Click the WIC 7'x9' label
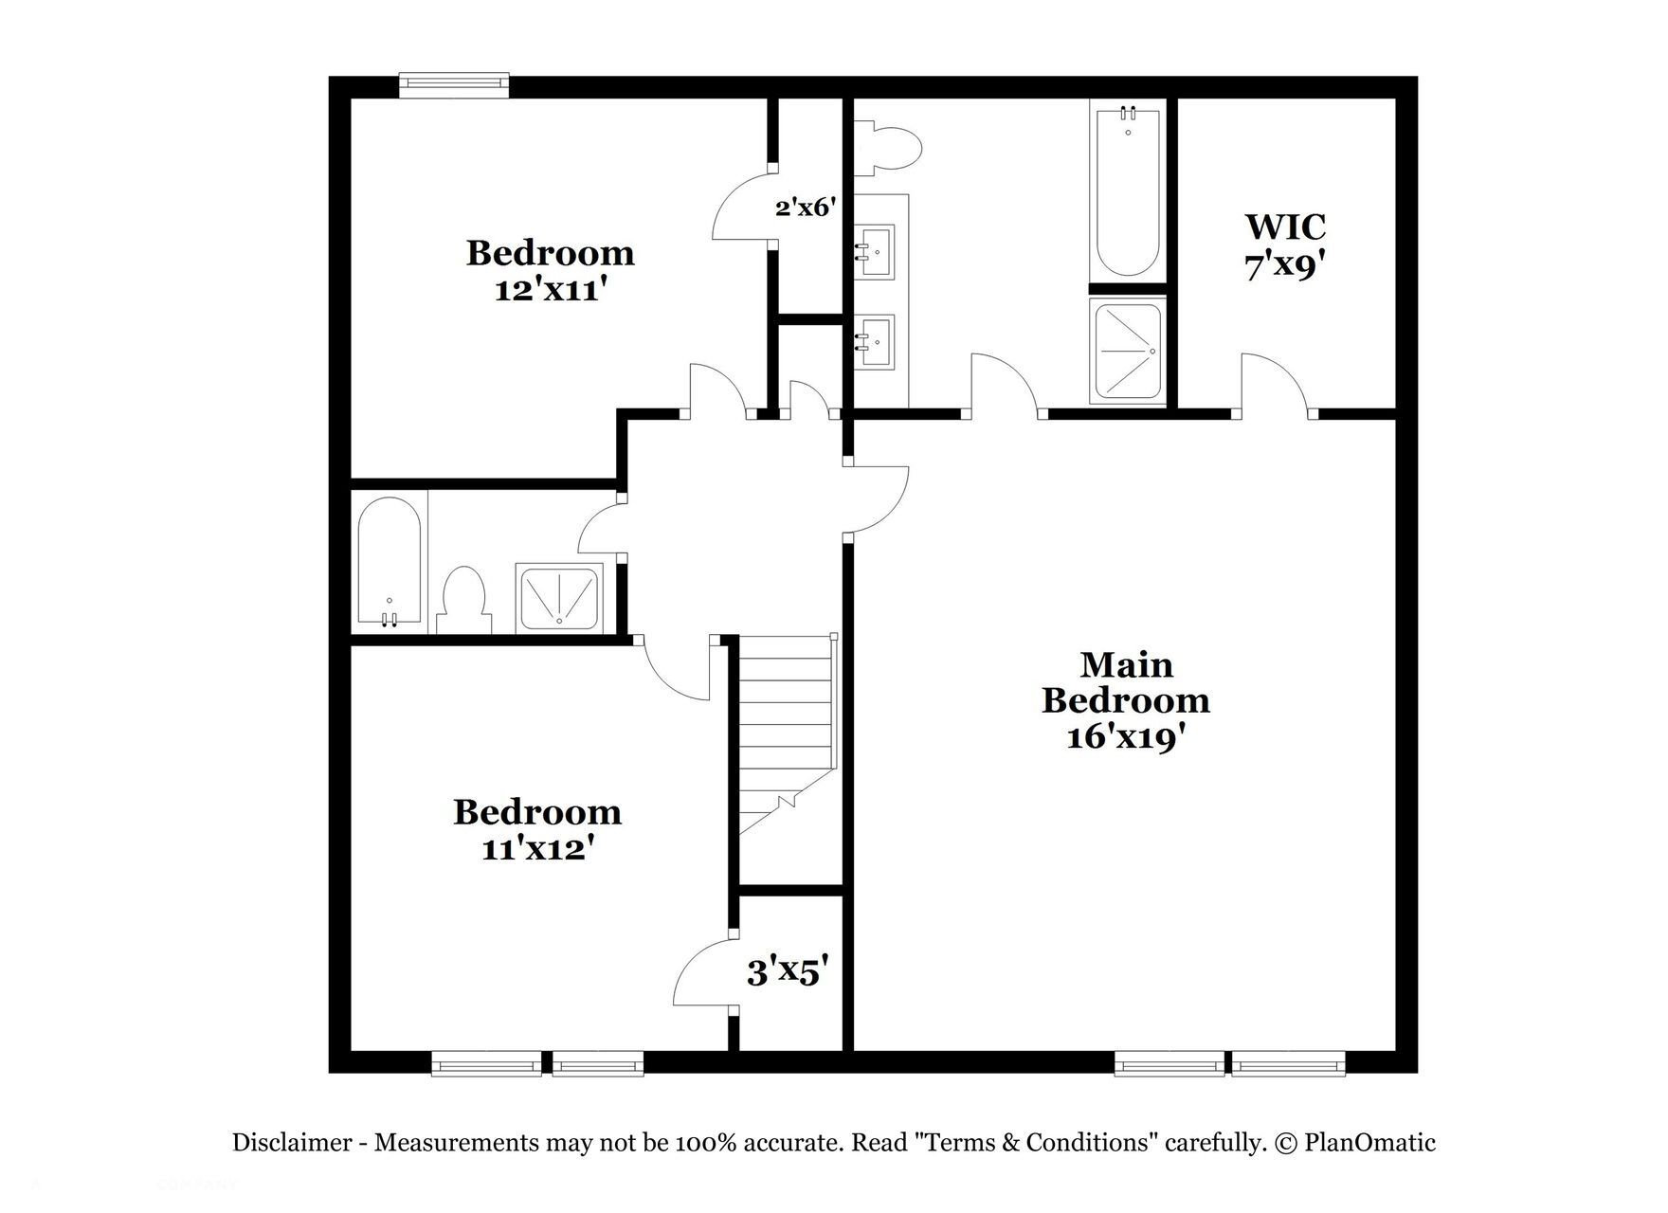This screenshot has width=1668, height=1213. point(1285,247)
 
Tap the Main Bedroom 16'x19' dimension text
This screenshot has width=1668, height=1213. point(1126,737)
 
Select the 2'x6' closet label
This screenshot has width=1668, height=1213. point(805,207)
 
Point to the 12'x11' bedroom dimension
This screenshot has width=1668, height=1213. point(550,290)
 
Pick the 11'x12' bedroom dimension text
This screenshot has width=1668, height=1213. point(537,849)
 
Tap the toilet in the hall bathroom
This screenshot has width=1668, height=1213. point(464,599)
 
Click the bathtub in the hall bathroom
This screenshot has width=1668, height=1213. point(390,561)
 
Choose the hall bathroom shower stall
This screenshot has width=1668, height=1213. point(559,597)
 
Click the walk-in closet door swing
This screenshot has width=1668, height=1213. point(1275,384)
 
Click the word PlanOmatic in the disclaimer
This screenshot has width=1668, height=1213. point(1369,1143)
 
